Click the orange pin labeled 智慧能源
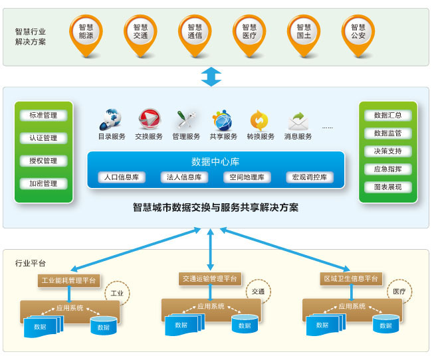pyautogui.click(x=86, y=31)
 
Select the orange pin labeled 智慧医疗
pyautogui.click(x=249, y=31)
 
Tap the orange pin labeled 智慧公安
pyautogui.click(x=358, y=31)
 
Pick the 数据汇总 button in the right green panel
pyautogui.click(x=387, y=116)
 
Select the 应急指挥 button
pyautogui.click(x=387, y=169)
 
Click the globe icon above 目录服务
pyautogui.click(x=111, y=120)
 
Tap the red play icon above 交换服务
pyautogui.click(x=148, y=120)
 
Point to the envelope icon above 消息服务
pyautogui.click(x=298, y=121)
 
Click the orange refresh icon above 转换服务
pyautogui.click(x=260, y=120)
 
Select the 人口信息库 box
pyautogui.click(x=120, y=177)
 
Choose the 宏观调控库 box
pyautogui.click(x=310, y=177)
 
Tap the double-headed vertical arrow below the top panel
pyautogui.click(x=211, y=76)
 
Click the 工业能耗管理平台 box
pyautogui.click(x=68, y=280)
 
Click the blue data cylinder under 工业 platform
pyautogui.click(x=103, y=326)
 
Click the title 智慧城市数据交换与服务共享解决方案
pyautogui.click(x=215, y=208)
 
